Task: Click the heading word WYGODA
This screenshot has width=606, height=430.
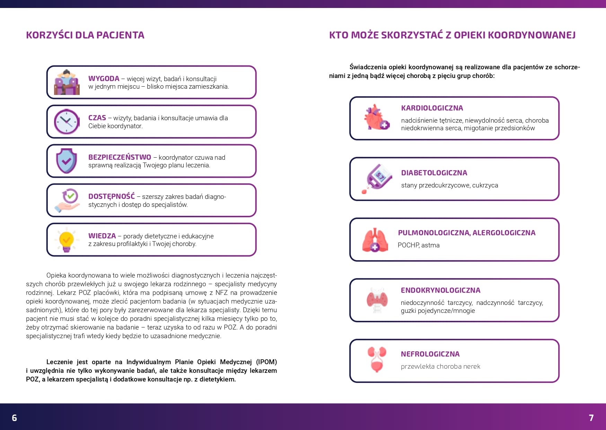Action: (x=104, y=79)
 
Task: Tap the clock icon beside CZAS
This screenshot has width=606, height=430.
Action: (x=67, y=122)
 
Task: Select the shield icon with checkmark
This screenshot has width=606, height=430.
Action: (x=67, y=161)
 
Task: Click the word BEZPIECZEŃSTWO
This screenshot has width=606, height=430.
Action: (x=120, y=157)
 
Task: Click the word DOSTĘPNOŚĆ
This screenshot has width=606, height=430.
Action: (x=111, y=196)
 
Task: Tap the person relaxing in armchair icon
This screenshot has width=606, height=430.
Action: (x=67, y=82)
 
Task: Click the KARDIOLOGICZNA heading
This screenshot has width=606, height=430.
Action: (x=432, y=108)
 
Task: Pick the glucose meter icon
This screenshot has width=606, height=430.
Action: (x=377, y=178)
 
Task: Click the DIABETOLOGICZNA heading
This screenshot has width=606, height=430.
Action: (x=434, y=173)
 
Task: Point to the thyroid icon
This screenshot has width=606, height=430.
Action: (x=377, y=300)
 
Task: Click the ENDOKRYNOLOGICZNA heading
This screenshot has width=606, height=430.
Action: (x=440, y=290)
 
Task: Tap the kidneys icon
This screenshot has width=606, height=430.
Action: (x=377, y=360)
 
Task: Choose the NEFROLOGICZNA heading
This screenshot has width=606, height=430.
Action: (x=430, y=354)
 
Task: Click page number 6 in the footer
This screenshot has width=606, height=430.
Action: (x=14, y=418)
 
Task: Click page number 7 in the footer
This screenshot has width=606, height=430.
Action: (x=591, y=418)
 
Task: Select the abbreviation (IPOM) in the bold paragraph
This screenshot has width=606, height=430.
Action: (x=266, y=362)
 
